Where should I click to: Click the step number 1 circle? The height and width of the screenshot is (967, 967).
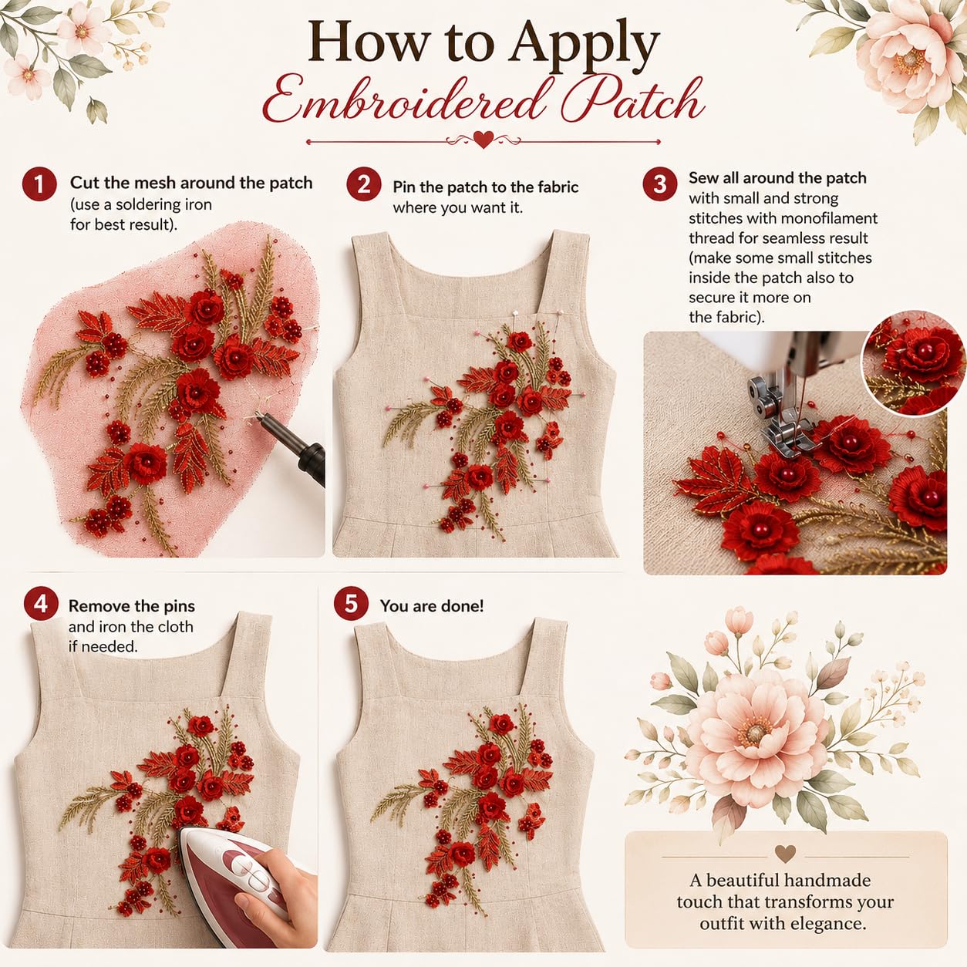tap(39, 184)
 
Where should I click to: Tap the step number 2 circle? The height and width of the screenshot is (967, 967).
tap(364, 184)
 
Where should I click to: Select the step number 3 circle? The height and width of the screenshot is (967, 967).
tap(660, 184)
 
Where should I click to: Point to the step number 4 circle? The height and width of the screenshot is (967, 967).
tap(41, 604)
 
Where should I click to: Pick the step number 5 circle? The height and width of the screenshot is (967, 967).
tap(351, 604)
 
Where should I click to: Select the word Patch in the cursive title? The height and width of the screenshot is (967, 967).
tap(632, 100)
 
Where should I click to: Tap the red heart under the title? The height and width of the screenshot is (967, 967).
tap(484, 140)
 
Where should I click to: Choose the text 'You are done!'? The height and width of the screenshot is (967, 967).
tap(432, 605)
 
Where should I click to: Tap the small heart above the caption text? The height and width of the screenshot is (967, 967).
tap(785, 853)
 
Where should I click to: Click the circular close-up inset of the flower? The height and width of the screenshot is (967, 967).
tap(913, 362)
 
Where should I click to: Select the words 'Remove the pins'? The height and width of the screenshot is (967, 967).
tap(131, 605)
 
